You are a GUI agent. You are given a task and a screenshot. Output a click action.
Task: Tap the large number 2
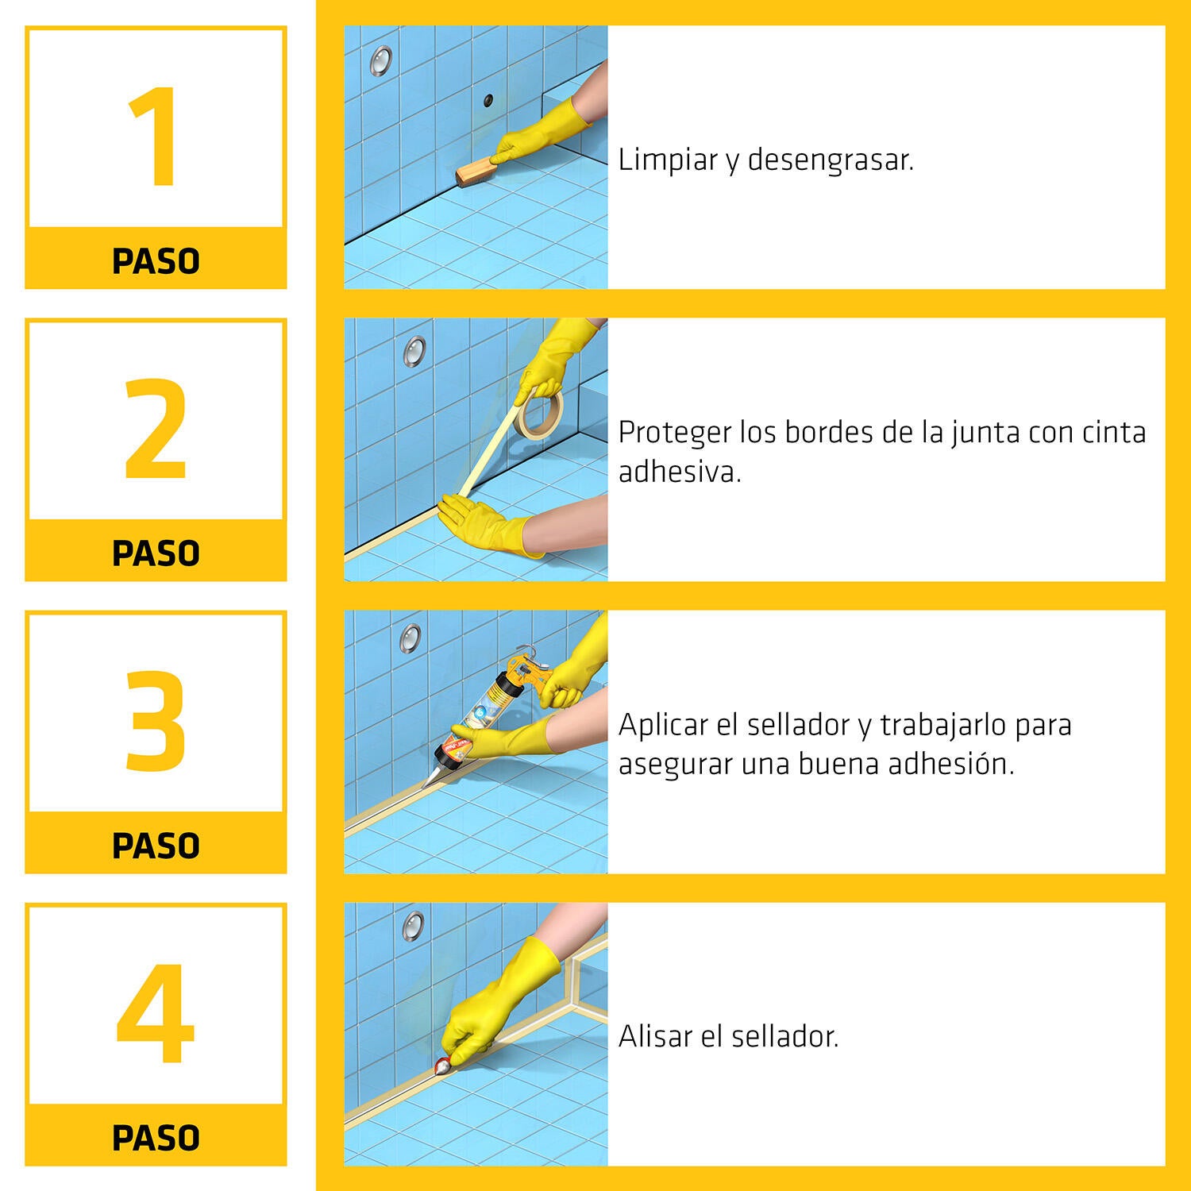click(156, 429)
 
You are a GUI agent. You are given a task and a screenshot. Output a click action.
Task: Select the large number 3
click(156, 721)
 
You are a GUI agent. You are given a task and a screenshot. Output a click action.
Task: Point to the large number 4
click(156, 1013)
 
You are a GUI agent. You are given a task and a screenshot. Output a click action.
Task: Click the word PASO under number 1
click(156, 261)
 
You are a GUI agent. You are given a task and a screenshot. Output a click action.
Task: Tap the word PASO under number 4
click(156, 1138)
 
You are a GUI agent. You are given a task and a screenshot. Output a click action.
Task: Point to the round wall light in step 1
click(381, 60)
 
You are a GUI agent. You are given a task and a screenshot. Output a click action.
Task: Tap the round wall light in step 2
click(414, 351)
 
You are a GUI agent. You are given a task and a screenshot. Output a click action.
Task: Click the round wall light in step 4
click(413, 925)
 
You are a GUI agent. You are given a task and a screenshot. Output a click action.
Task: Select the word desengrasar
click(831, 160)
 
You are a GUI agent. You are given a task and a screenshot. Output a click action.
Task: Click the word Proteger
click(675, 434)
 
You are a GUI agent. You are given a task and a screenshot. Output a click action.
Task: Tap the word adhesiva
click(680, 472)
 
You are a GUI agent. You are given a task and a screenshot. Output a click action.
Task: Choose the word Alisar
click(655, 1036)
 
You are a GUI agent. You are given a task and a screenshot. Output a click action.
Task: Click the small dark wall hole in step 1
click(488, 100)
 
